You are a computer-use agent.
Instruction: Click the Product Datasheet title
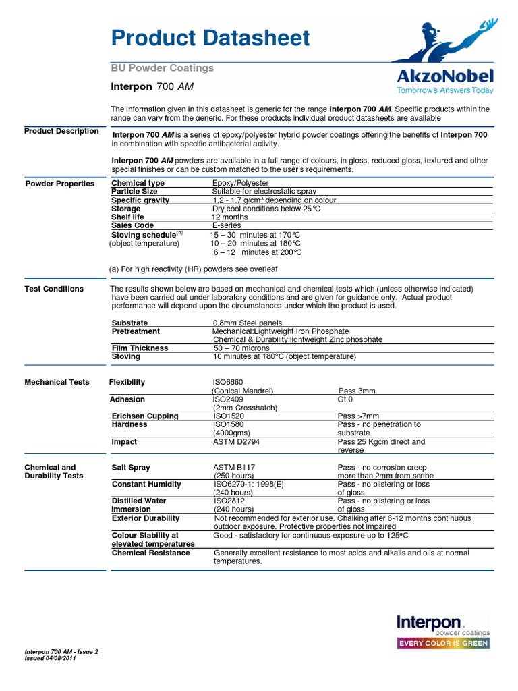pyautogui.click(x=210, y=38)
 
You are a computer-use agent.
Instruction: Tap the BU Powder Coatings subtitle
pyautogui.click(x=162, y=68)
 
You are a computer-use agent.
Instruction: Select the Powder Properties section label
pyautogui.click(x=59, y=184)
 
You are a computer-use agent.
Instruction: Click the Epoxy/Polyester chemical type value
pyautogui.click(x=240, y=183)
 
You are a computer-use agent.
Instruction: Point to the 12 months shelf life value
pyautogui.click(x=230, y=217)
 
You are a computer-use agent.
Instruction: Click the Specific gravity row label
pyautogui.click(x=140, y=200)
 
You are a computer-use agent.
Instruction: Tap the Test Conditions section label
pyautogui.click(x=54, y=289)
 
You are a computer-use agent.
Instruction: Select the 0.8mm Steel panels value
pyautogui.click(x=248, y=323)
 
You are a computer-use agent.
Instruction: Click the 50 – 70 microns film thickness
pyautogui.click(x=241, y=348)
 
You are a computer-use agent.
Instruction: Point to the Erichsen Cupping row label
pyautogui.click(x=145, y=416)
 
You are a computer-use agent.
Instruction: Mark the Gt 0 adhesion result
pyautogui.click(x=345, y=399)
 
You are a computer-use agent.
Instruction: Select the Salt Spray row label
pyautogui.click(x=131, y=468)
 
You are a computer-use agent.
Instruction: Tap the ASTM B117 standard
pyautogui.click(x=235, y=468)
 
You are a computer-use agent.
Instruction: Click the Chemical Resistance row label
pyautogui.click(x=150, y=553)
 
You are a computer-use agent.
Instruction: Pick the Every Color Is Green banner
pyautogui.click(x=442, y=643)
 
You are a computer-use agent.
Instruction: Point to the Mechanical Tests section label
pyautogui.click(x=57, y=382)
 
